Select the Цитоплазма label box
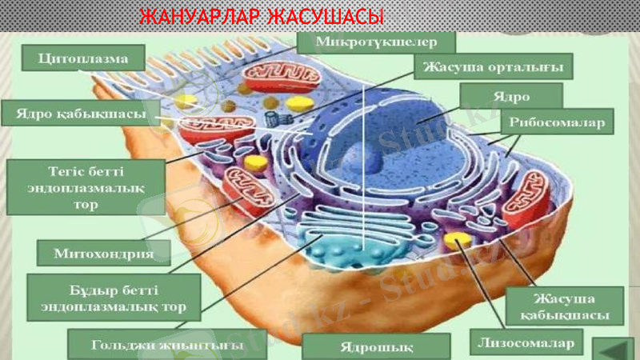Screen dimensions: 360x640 tap(83, 58)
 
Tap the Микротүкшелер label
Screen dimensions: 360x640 tap(376, 41)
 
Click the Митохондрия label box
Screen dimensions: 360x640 tap(105, 254)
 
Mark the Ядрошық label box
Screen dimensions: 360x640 tap(377, 346)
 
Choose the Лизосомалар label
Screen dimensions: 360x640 tap(526, 343)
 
